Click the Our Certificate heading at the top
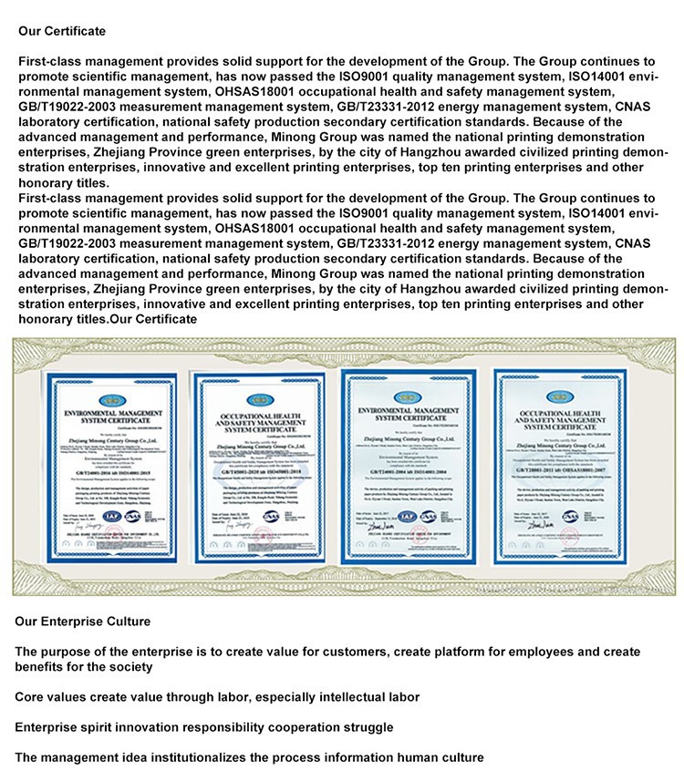tap(62, 31)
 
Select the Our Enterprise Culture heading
tap(83, 622)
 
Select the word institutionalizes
tap(225, 757)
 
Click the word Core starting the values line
tap(30, 697)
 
